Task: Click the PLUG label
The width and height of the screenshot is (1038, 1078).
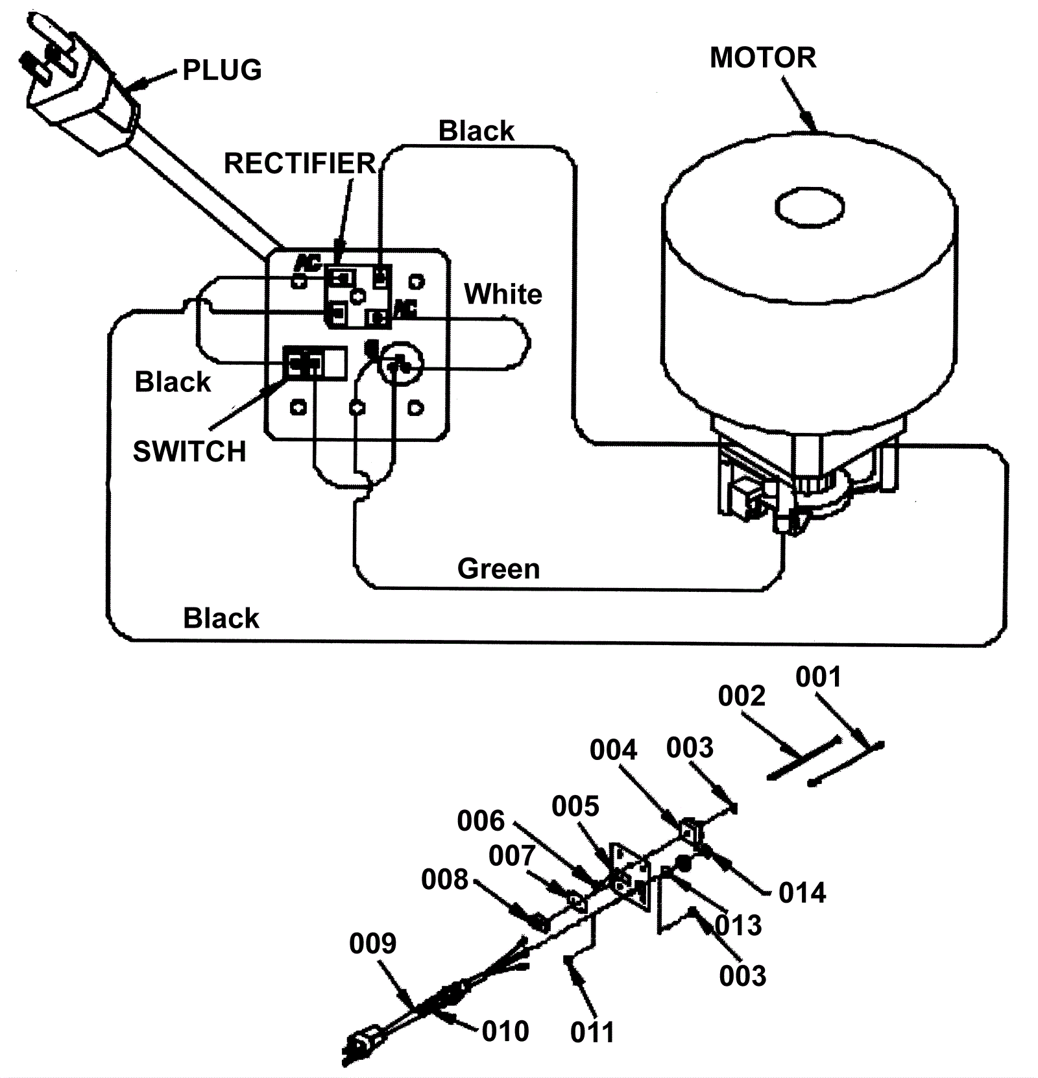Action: click(x=222, y=70)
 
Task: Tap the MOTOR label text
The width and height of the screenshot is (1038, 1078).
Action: click(x=763, y=58)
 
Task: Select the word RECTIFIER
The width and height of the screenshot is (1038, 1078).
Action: click(x=300, y=164)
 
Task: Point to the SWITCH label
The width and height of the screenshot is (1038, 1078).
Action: click(x=189, y=451)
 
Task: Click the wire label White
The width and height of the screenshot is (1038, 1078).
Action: click(x=503, y=294)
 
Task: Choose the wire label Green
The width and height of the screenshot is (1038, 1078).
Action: click(x=498, y=569)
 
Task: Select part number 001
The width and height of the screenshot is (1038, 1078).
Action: click(x=818, y=677)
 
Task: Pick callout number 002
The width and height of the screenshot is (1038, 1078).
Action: click(x=742, y=696)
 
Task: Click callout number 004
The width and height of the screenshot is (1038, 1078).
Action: click(x=613, y=750)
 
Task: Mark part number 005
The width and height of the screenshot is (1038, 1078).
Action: click(x=575, y=807)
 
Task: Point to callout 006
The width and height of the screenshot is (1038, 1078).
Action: click(x=481, y=821)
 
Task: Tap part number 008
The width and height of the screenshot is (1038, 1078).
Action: click(x=444, y=880)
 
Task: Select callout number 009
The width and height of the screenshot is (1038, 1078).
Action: click(x=372, y=943)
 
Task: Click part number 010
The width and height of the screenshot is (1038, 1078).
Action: click(x=505, y=1031)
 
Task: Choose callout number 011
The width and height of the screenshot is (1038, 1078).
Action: click(x=592, y=1033)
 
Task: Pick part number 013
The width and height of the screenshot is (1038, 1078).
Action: click(x=738, y=925)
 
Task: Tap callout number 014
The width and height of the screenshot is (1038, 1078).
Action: click(x=802, y=893)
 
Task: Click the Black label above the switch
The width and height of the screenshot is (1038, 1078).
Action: click(x=173, y=382)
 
